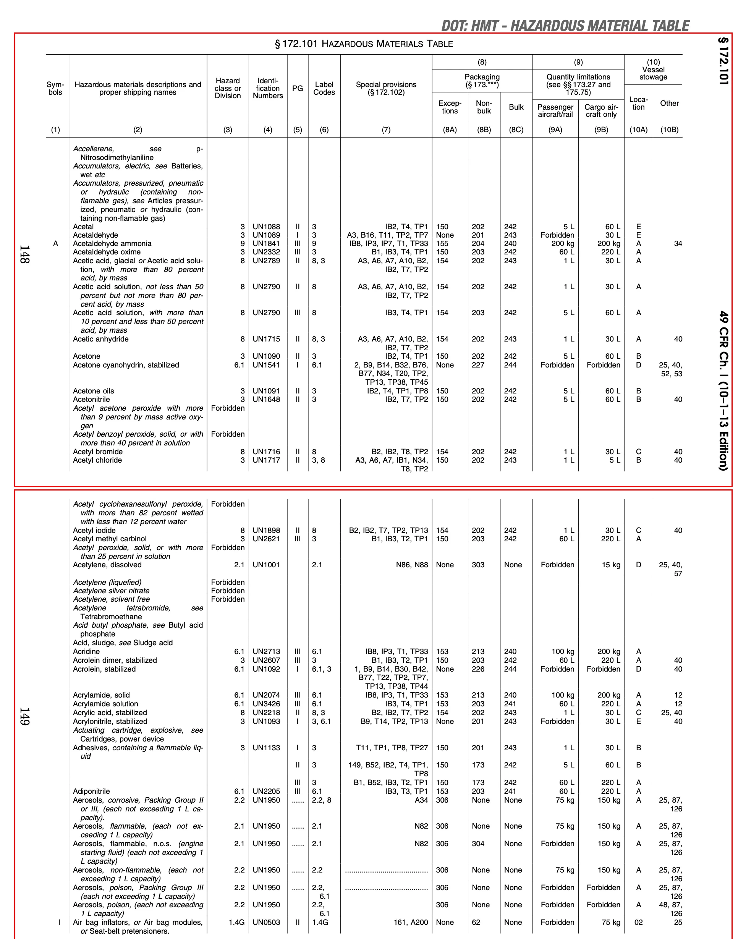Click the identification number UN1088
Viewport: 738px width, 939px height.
[266, 227]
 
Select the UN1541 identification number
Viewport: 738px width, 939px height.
[266, 365]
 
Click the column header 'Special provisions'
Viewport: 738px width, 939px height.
[386, 88]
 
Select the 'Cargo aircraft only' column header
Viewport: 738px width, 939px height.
[601, 111]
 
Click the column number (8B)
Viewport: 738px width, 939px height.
[484, 130]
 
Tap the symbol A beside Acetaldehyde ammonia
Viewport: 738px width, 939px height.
[55, 244]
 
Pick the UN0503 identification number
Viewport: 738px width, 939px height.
[266, 922]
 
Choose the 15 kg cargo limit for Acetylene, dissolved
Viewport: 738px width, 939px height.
[611, 565]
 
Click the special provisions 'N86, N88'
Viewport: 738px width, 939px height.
[412, 565]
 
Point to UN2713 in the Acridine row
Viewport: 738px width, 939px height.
[266, 651]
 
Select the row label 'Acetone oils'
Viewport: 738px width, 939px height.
[93, 391]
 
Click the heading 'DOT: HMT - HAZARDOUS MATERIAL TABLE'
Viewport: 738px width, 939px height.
[565, 26]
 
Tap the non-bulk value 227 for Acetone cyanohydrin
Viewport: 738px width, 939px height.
[478, 365]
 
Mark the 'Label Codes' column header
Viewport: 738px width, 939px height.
[324, 88]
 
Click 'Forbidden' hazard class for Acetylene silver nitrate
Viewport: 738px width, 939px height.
[228, 591]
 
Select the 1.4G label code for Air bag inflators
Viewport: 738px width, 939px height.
[320, 922]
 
